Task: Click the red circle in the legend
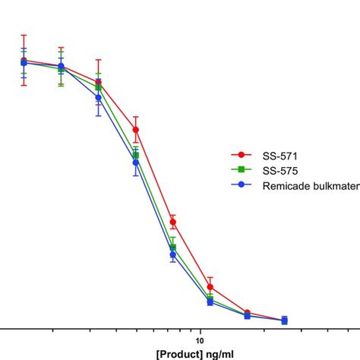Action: click(242, 154)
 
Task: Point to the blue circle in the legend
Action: click(242, 184)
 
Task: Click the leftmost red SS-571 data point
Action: click(24, 60)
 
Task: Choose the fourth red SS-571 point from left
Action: click(135, 130)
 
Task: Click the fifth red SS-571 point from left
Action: click(173, 222)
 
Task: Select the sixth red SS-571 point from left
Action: click(210, 287)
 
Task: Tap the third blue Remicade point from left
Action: click(98, 97)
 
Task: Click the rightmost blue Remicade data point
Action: click(284, 321)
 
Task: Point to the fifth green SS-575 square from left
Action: click(173, 248)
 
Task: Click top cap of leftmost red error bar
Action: click(24, 35)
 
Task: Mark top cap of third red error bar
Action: click(98, 59)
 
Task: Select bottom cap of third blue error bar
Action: click(98, 115)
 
